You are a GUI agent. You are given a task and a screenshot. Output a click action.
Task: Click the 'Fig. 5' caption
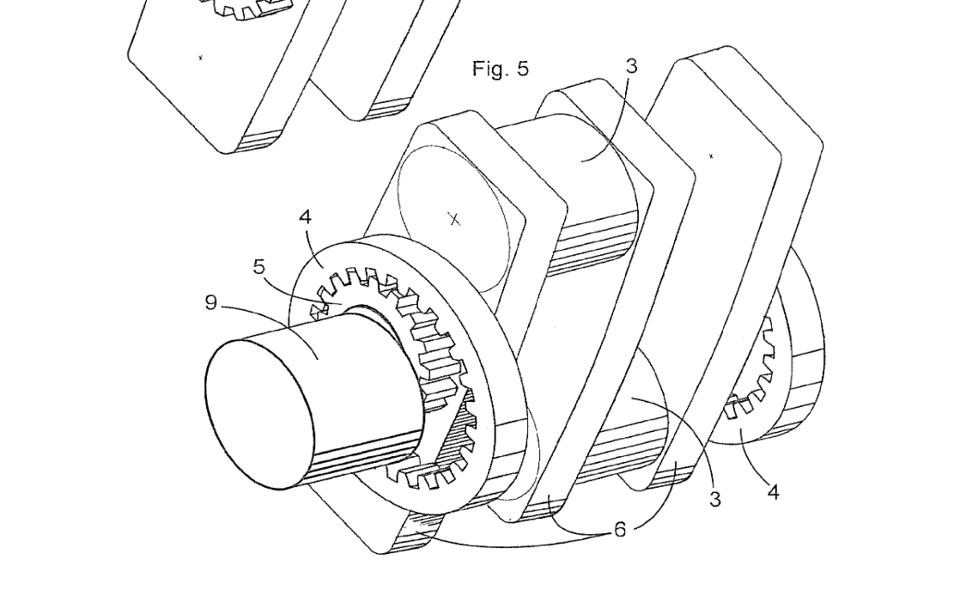point(501,69)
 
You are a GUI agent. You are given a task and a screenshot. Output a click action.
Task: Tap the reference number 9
point(210,302)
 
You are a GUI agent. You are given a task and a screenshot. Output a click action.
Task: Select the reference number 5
point(259,267)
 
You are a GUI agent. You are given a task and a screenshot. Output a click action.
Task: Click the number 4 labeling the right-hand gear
point(773,492)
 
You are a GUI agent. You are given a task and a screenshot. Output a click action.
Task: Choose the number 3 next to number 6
point(715,498)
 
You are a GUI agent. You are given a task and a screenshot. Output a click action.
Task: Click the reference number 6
point(619,531)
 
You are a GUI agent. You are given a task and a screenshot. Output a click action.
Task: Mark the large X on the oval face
point(454,219)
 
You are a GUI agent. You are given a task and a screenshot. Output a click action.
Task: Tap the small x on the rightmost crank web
point(711,156)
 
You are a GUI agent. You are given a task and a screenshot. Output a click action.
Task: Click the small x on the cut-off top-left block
point(201,58)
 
